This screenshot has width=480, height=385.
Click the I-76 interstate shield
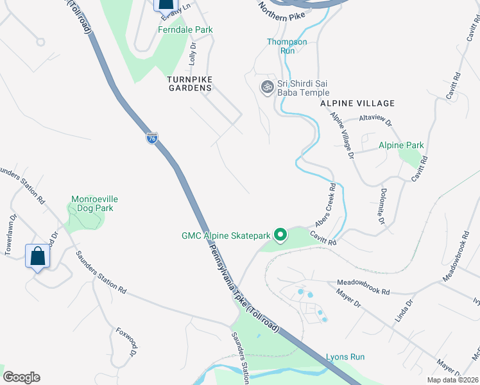click(151, 138)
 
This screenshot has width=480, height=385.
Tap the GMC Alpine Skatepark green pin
click(280, 235)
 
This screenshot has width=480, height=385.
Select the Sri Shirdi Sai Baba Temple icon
click(267, 87)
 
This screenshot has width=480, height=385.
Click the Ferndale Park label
click(185, 30)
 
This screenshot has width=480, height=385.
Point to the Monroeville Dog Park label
click(95, 203)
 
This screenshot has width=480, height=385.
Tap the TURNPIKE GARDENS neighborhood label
click(189, 83)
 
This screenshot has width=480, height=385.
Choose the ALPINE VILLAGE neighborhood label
click(357, 103)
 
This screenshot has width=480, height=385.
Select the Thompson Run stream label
click(287, 46)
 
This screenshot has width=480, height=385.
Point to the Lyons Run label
click(345, 357)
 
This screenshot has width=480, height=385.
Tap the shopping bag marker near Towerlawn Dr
click(38, 256)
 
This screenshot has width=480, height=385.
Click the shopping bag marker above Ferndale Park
click(165, 5)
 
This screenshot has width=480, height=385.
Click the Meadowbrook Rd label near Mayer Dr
click(363, 287)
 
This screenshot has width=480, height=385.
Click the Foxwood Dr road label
click(126, 343)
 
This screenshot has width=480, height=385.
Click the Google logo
click(21, 377)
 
